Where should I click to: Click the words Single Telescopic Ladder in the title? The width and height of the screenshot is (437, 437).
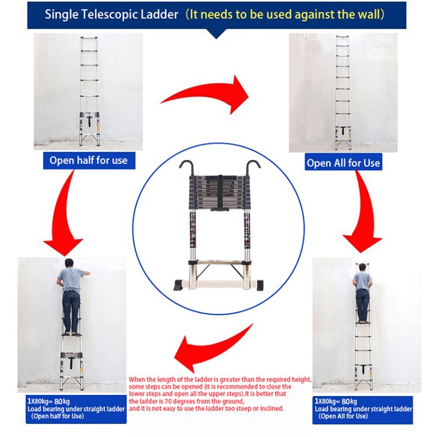(112, 14)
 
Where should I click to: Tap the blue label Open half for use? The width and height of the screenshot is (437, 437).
(89, 160)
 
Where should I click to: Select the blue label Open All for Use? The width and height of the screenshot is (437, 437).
(343, 163)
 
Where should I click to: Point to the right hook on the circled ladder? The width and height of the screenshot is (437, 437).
(253, 167)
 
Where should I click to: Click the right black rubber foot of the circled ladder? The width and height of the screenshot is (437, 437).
(259, 285)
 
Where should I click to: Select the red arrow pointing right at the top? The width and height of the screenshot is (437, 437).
(205, 95)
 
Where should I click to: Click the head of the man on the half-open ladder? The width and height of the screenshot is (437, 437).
(69, 263)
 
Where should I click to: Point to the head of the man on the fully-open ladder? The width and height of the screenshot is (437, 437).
(362, 267)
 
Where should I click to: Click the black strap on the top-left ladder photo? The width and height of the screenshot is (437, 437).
(89, 121)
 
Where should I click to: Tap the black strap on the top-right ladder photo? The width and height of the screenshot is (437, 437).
(343, 131)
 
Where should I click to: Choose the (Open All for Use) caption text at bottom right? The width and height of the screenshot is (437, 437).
(343, 416)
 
